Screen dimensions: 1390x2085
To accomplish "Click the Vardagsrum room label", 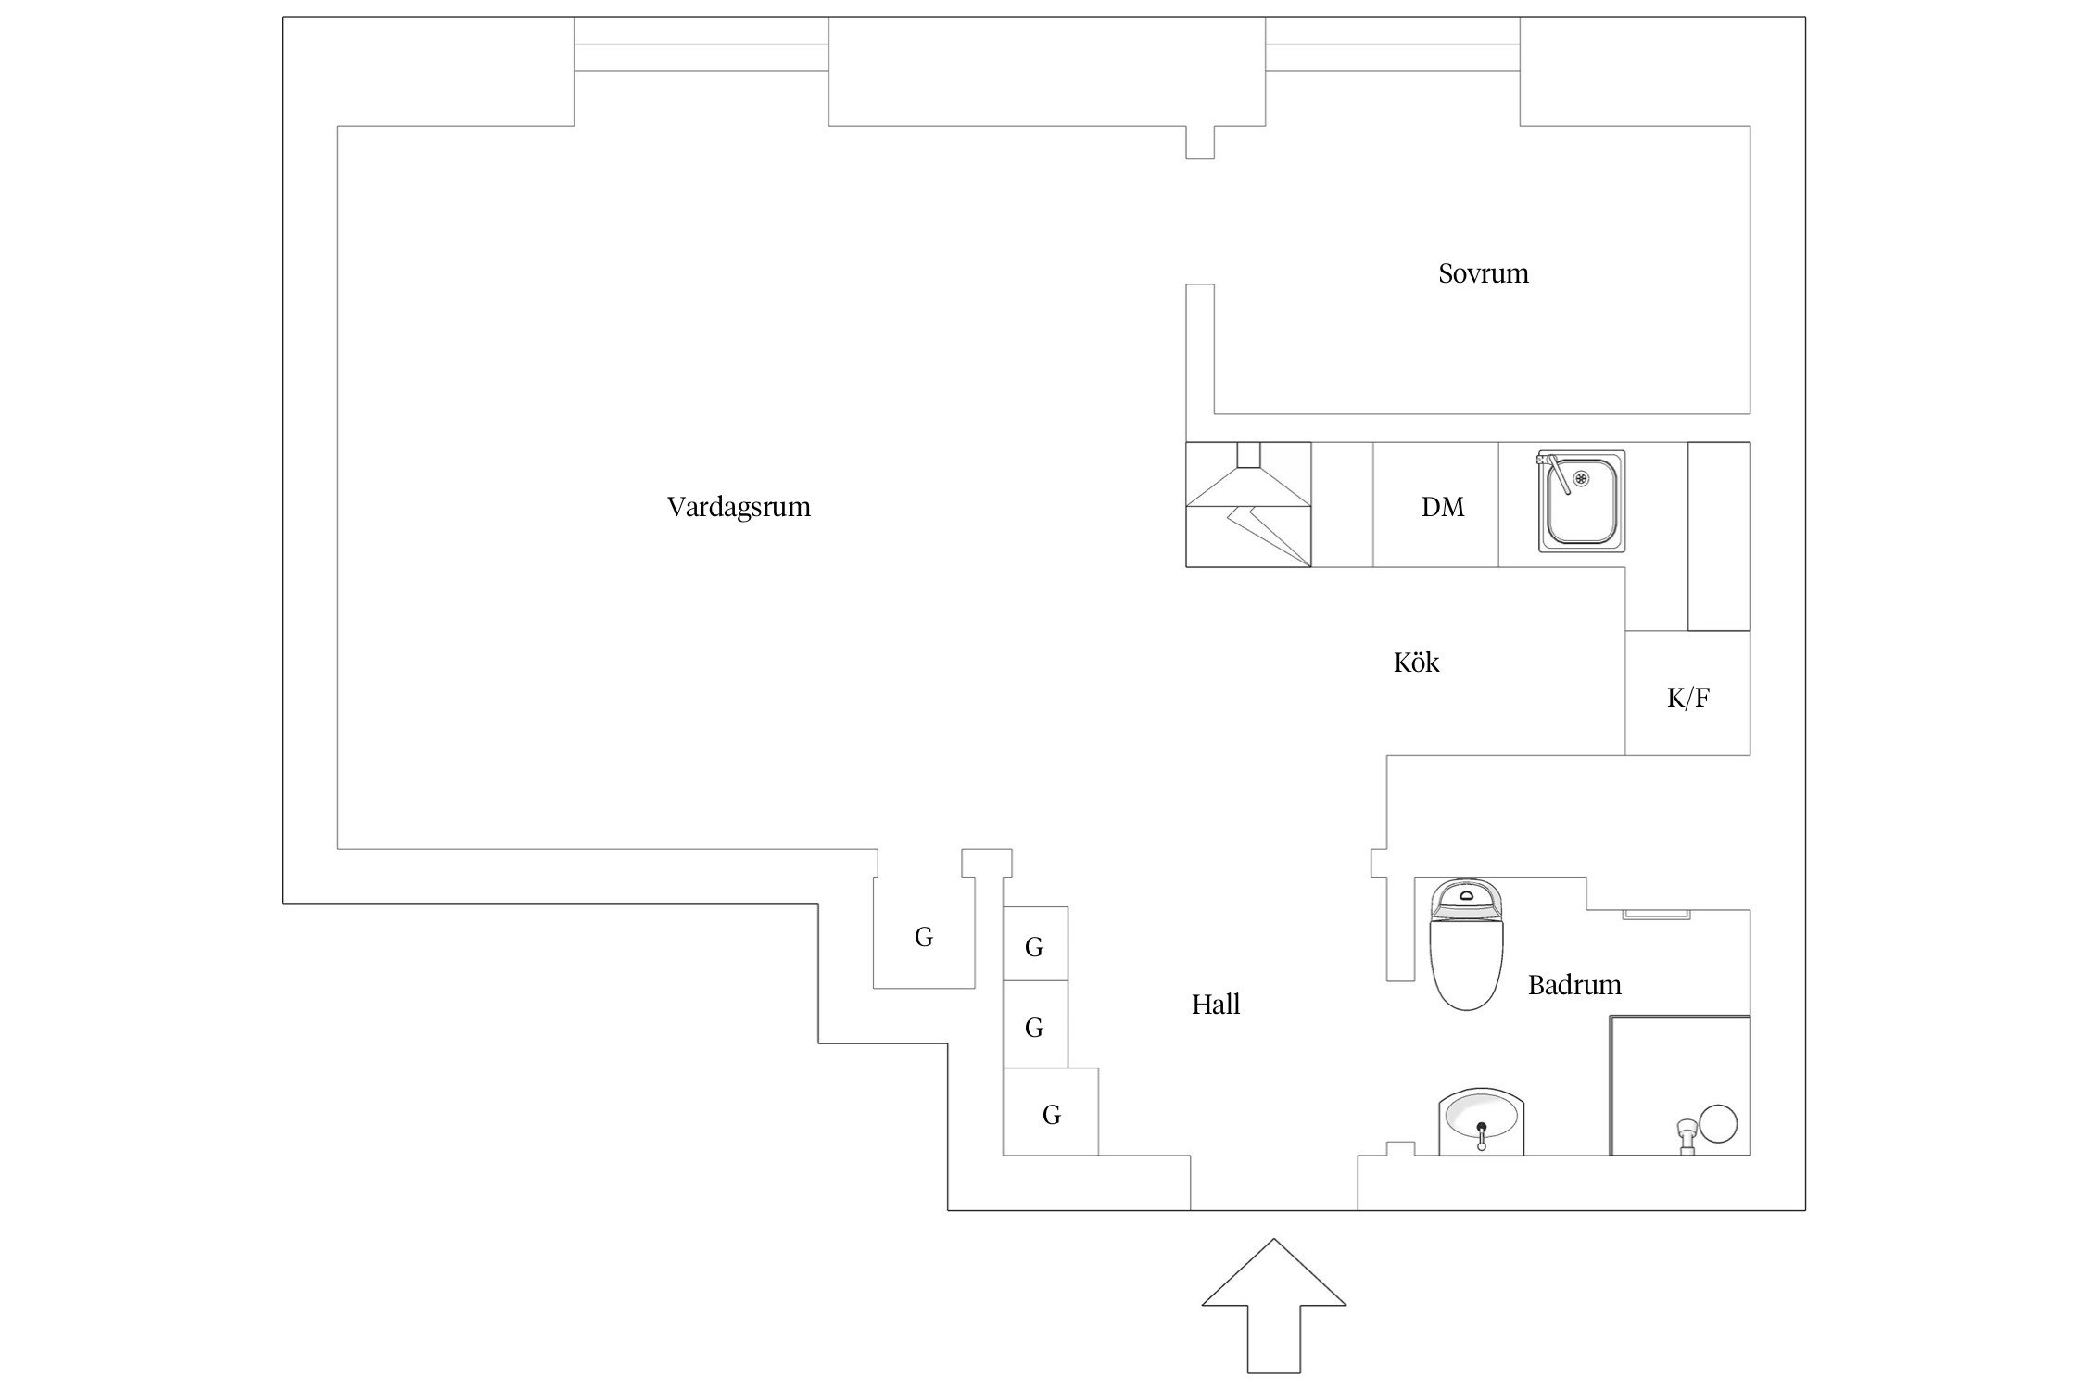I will [739, 507].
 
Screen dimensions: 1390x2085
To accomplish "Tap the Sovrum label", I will [1483, 273].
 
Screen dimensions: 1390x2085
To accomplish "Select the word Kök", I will [1416, 663].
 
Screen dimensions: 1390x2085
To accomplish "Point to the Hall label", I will [1215, 1005].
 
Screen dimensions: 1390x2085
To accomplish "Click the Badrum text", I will [1574, 985].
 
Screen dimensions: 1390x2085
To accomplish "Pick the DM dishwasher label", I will [1443, 507].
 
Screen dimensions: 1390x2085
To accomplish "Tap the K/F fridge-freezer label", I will [1687, 698].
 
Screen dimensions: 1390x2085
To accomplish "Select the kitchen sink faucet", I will [1553, 471].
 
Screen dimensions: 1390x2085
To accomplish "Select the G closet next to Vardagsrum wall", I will [924, 937].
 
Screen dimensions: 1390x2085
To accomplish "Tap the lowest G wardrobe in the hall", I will [1051, 1115].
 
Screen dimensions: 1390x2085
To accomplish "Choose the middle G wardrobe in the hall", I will [1034, 1028].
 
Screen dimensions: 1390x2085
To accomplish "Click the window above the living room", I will [701, 57].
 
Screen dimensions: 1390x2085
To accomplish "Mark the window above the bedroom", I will [1392, 57].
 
